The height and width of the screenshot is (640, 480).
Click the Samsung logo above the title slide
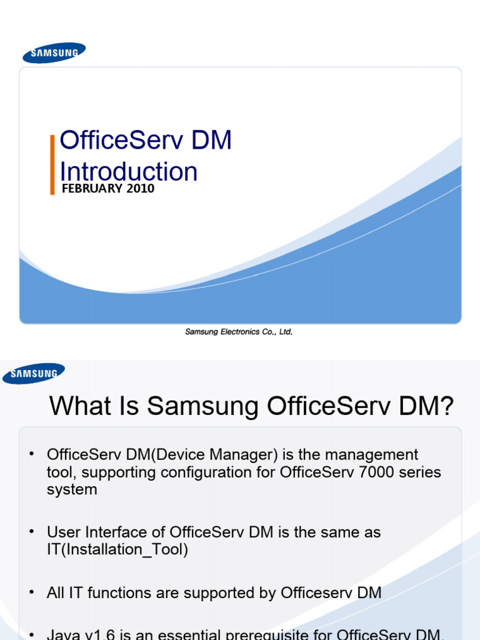(x=54, y=52)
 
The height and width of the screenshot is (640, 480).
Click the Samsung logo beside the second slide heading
(x=34, y=374)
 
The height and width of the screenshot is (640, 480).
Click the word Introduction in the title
(x=129, y=172)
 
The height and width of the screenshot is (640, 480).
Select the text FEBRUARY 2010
(x=108, y=188)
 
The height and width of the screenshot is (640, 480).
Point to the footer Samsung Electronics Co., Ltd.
(x=239, y=332)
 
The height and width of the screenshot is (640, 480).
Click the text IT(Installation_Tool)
(x=117, y=550)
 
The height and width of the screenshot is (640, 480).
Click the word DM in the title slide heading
(x=211, y=141)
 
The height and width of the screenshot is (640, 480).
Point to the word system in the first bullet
(x=72, y=489)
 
